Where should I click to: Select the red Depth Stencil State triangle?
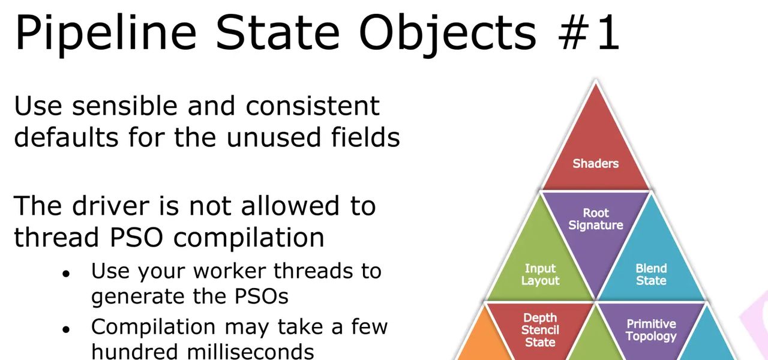click(540, 327)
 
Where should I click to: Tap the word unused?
click(275, 137)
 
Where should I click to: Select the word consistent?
click(313, 106)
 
